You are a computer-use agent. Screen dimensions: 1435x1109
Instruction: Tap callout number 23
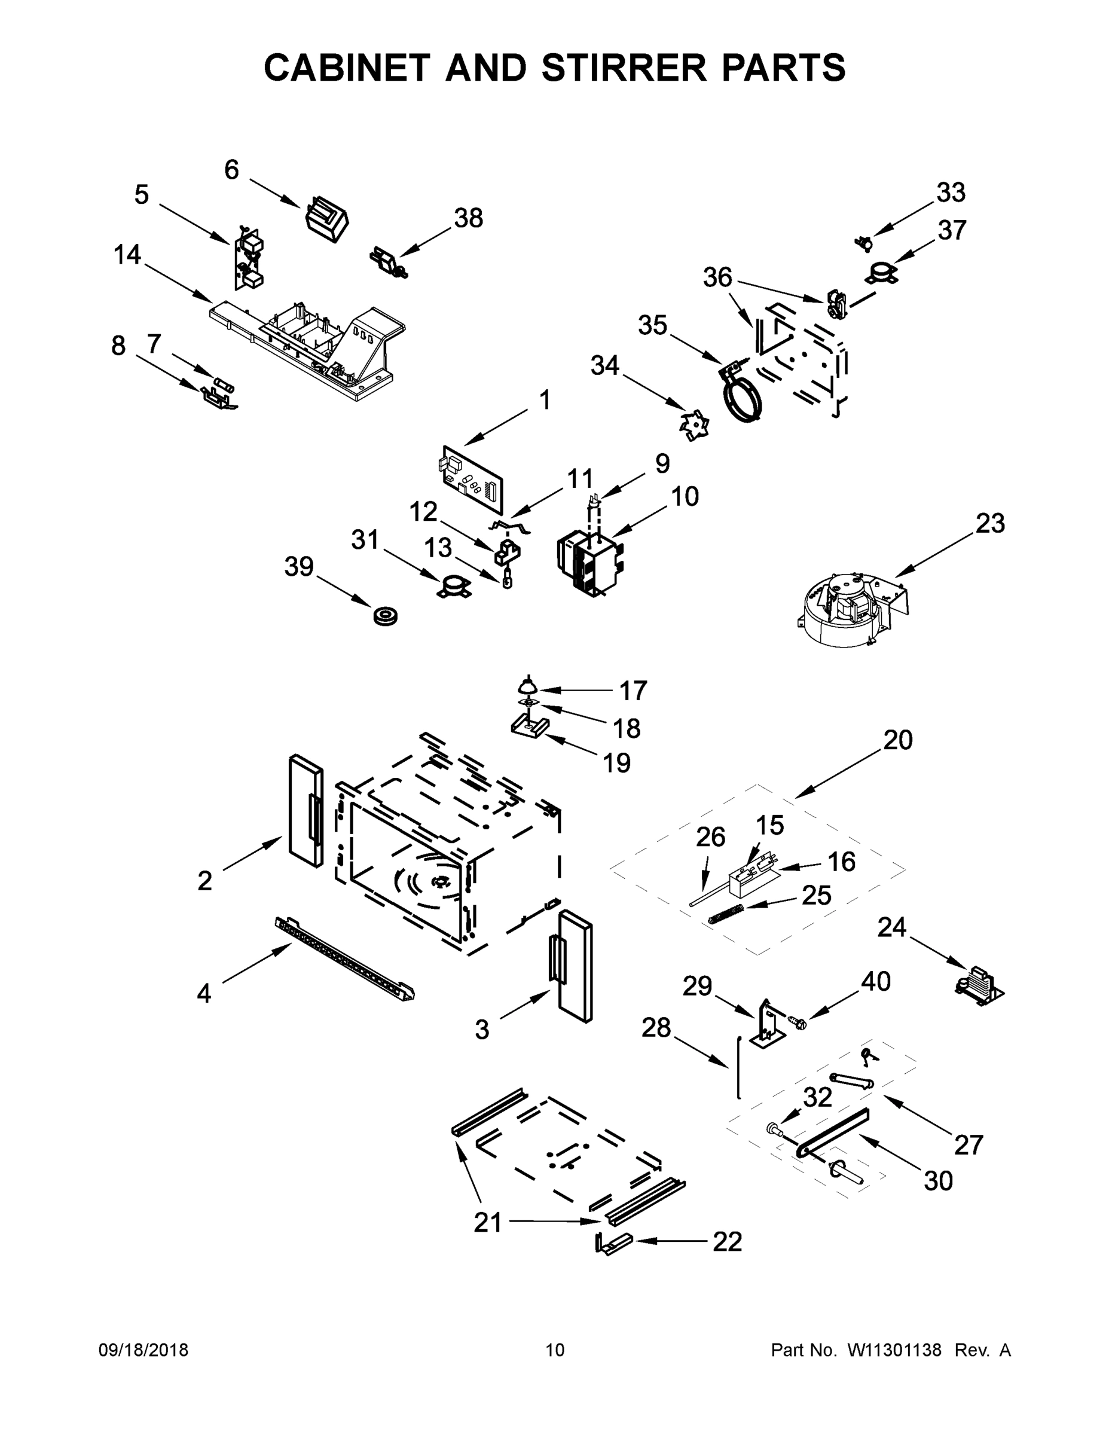click(989, 524)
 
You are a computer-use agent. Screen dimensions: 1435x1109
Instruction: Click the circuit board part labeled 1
click(472, 479)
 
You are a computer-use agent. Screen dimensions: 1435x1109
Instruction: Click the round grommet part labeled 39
click(386, 618)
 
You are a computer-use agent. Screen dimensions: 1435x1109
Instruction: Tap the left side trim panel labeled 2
click(305, 811)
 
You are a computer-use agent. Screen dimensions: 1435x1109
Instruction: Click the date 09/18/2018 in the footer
click(143, 1349)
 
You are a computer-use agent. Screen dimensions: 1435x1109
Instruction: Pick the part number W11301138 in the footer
click(894, 1350)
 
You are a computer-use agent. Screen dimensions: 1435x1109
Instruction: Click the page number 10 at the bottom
click(555, 1350)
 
